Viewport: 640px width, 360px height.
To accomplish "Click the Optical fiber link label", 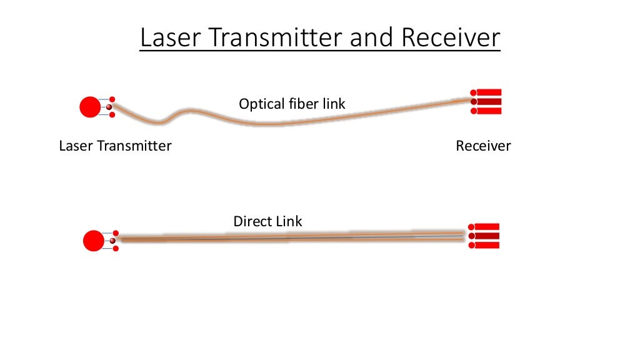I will pos(292,104).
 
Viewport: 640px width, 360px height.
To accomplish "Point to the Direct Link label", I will pos(267,221).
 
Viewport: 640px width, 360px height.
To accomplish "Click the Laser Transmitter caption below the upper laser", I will pos(115,146).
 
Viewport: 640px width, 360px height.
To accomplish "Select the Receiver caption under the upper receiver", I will pos(483,146).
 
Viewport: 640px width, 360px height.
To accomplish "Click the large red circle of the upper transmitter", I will pos(89,107).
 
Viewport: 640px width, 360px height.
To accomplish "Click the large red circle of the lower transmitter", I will pos(93,241).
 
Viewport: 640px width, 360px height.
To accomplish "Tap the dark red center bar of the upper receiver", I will pos(489,101).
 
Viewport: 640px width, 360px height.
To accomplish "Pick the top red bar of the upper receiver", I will pos(489,92).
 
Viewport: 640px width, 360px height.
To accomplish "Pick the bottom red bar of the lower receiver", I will pos(487,245).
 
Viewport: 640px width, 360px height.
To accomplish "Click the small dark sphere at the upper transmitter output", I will pos(109,107).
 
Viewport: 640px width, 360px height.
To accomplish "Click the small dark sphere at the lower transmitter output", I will pos(112,241).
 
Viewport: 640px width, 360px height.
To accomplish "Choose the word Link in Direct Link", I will pos(289,221).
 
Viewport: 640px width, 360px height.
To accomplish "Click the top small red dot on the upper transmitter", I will pos(112,99).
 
